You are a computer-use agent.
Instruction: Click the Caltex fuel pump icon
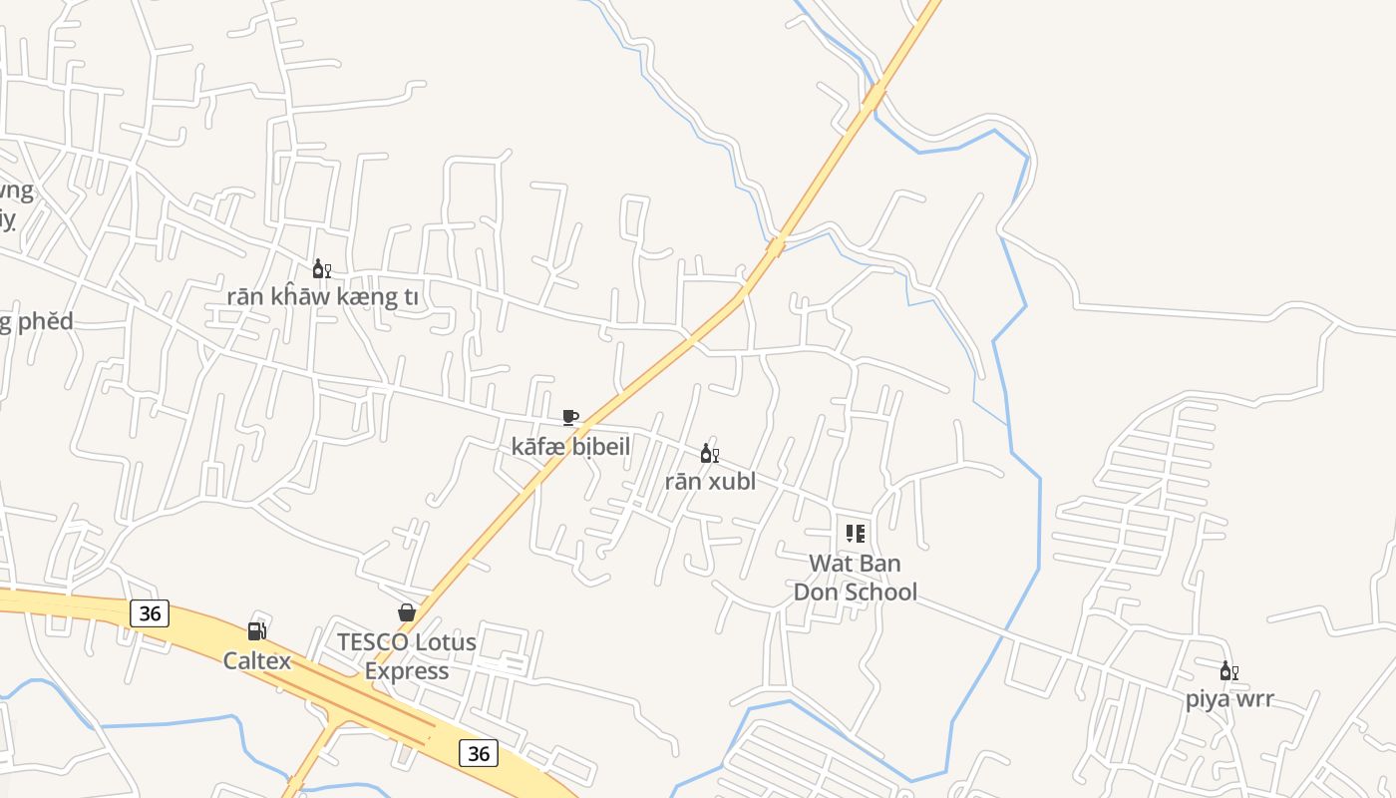pos(257,631)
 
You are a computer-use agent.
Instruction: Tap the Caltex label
pos(257,660)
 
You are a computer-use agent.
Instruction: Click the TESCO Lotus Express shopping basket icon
pos(407,612)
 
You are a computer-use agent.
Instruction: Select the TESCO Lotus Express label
pos(407,655)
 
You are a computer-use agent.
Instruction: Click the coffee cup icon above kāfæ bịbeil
pos(570,417)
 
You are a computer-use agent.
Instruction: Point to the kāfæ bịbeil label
pos(570,446)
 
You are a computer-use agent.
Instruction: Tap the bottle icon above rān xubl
pos(710,454)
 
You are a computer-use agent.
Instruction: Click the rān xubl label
pos(710,481)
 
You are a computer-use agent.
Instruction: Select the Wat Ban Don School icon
pos(855,534)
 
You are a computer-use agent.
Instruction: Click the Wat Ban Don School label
pos(855,577)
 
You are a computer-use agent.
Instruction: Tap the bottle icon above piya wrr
pos(1229,671)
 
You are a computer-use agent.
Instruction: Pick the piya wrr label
pos(1229,698)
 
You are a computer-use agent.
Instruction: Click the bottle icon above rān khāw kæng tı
pos(322,269)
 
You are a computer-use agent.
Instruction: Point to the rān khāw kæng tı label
pos(322,296)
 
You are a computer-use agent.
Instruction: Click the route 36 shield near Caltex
pos(150,612)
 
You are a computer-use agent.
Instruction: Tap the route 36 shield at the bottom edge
pos(479,753)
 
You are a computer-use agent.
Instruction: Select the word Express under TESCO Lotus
pos(407,670)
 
